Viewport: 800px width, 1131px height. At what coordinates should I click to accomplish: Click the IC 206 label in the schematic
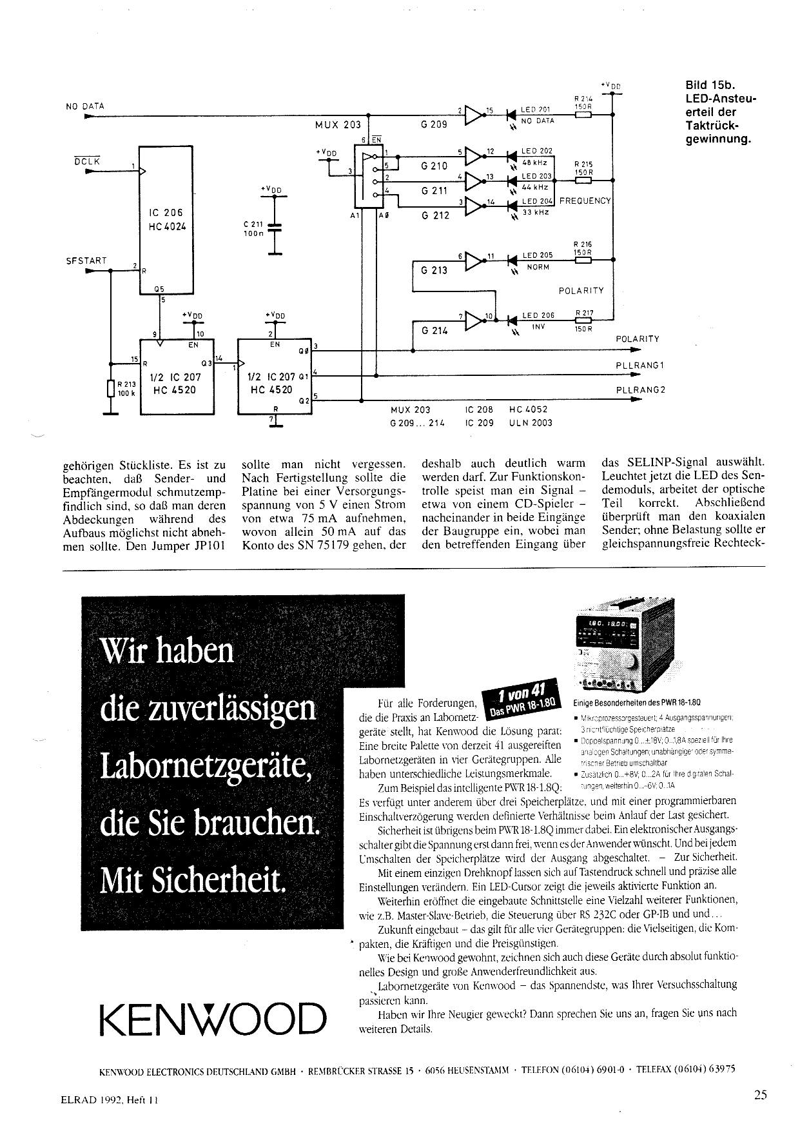click(x=165, y=213)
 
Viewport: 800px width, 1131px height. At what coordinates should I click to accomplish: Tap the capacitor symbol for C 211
click(x=275, y=228)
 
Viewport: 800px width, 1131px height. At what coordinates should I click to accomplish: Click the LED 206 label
click(x=538, y=315)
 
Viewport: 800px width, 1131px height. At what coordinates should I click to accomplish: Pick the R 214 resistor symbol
click(x=583, y=116)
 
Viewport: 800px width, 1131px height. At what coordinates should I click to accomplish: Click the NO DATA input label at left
click(x=85, y=106)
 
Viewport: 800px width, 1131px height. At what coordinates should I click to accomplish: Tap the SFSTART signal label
click(x=86, y=261)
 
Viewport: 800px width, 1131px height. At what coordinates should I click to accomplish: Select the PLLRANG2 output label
click(x=640, y=390)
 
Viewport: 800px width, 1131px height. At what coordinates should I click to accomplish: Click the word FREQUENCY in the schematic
click(x=585, y=201)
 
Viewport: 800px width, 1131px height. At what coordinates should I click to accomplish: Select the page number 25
click(x=760, y=1094)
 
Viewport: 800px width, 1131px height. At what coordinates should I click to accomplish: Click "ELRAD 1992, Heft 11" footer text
click(x=105, y=1101)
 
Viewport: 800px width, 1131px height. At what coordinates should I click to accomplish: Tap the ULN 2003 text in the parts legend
click(x=531, y=423)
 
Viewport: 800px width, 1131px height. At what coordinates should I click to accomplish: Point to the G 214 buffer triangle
click(x=474, y=320)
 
